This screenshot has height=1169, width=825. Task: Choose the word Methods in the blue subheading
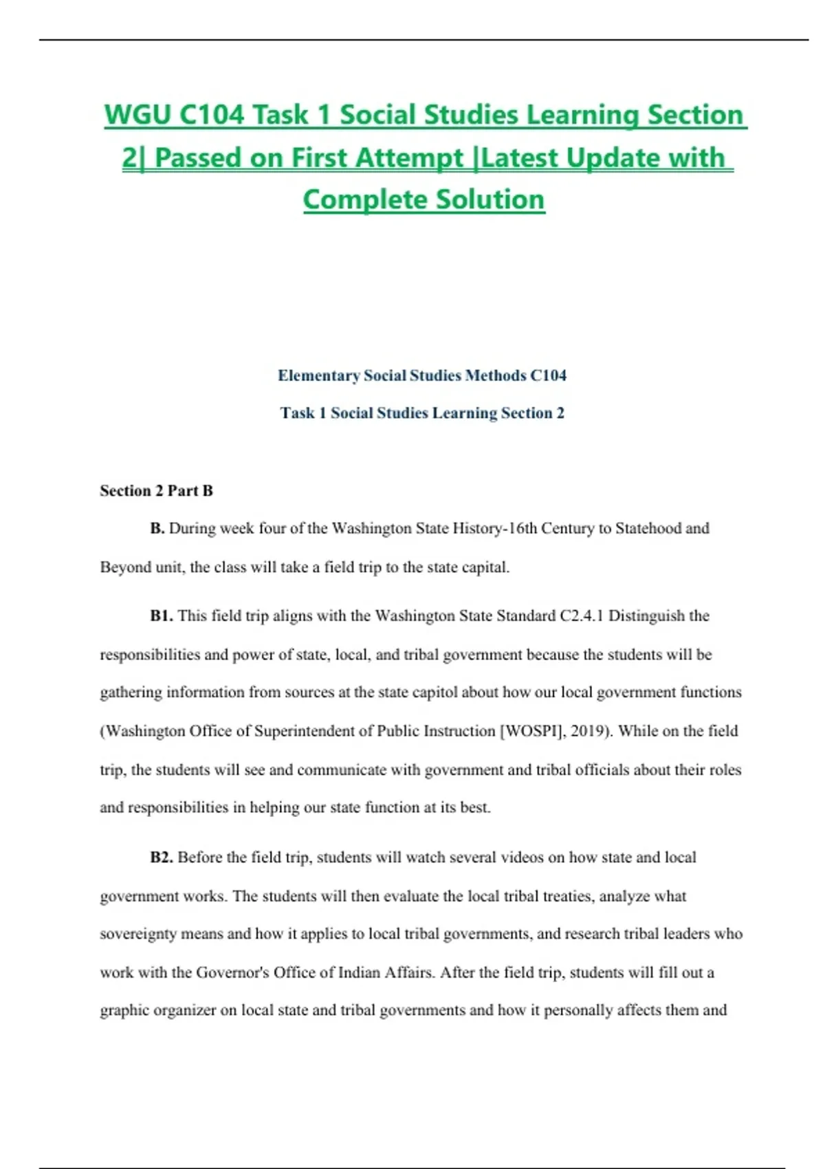(495, 375)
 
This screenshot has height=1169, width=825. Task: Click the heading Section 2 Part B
(156, 491)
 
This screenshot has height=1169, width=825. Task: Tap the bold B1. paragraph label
(162, 616)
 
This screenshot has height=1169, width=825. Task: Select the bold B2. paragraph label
(162, 857)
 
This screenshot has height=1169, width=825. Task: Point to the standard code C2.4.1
(582, 616)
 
